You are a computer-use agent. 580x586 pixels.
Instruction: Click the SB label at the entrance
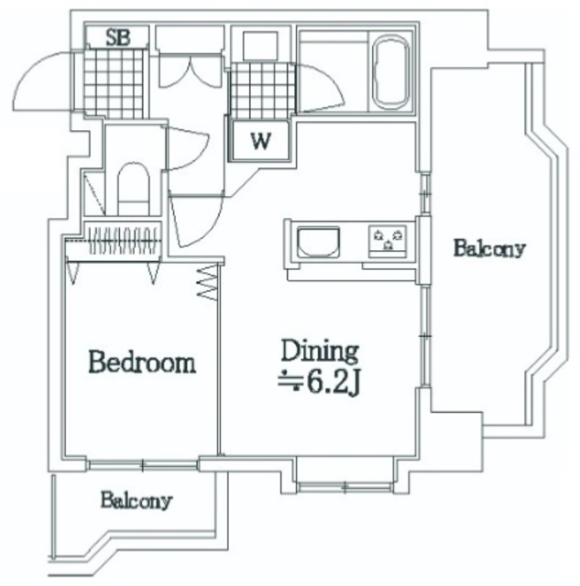[118, 38]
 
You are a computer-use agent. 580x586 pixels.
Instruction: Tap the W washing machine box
[260, 140]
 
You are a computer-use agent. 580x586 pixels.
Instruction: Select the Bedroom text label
[142, 362]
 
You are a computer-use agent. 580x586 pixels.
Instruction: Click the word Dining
[320, 351]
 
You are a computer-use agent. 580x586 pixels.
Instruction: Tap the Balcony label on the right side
[489, 248]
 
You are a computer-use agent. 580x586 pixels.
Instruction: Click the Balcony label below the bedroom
[137, 500]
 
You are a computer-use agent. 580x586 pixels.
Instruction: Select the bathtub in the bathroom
[391, 72]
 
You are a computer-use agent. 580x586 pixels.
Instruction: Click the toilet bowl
[134, 188]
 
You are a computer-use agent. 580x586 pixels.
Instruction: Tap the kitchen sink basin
[318, 242]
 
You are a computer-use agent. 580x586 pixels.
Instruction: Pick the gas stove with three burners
[388, 242]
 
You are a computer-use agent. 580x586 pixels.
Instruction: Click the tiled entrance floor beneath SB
[114, 83]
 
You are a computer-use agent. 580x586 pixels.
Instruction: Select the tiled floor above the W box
[263, 92]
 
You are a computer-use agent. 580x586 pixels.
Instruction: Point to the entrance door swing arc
[42, 81]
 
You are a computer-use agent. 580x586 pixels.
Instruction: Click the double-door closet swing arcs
[191, 72]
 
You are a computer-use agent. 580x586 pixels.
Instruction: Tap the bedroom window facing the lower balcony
[142, 465]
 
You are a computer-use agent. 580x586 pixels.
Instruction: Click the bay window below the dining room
[345, 486]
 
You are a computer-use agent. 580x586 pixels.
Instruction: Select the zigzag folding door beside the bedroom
[207, 283]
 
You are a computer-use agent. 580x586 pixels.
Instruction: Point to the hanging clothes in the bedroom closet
[124, 240]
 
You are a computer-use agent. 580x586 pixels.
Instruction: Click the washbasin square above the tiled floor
[260, 46]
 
